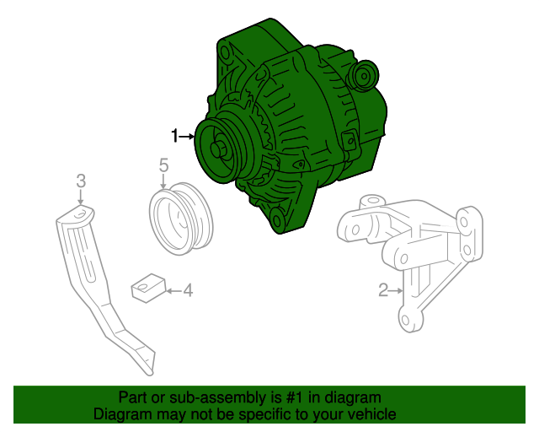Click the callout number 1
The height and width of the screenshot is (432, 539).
(175, 136)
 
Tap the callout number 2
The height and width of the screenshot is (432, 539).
(383, 290)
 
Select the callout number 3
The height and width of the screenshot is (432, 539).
(81, 181)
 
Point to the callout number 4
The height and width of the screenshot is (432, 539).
(188, 290)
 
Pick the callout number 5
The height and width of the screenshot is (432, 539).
(164, 165)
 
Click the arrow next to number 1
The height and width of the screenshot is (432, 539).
(187, 137)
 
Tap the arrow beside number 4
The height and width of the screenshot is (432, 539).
(173, 291)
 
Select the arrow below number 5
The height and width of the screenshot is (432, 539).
(163, 181)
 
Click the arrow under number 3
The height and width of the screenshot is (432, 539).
(81, 197)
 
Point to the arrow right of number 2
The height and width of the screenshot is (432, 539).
(396, 291)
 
